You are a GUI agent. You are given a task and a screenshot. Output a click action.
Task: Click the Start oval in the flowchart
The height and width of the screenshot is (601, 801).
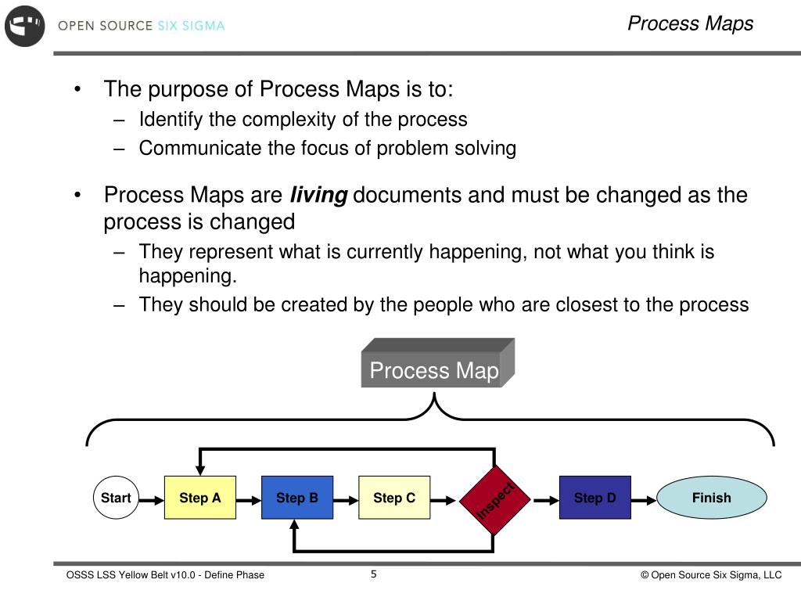coord(116,498)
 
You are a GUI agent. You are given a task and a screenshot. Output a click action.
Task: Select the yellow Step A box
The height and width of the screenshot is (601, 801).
coord(200,498)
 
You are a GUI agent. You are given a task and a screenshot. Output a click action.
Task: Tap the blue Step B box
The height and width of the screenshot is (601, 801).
coord(296,498)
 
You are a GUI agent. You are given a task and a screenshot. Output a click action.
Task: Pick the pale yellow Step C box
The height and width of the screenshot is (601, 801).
coord(394,498)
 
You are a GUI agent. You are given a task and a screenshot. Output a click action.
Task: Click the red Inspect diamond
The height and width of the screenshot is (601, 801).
coord(494,498)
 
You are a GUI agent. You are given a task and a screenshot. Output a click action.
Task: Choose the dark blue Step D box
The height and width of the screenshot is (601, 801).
coord(594,498)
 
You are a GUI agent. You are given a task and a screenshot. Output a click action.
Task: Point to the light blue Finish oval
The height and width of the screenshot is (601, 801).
coord(711,498)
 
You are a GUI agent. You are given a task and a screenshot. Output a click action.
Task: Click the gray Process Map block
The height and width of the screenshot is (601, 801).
coord(435,369)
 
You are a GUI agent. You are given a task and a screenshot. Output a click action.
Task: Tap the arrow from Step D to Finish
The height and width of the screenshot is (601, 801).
coord(644,498)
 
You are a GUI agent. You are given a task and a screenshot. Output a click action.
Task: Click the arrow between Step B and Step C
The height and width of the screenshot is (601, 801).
coord(346,498)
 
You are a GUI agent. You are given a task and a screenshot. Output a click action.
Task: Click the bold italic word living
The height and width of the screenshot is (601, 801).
coord(319,195)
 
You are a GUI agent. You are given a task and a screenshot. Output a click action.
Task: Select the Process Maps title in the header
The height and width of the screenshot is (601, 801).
coord(690,23)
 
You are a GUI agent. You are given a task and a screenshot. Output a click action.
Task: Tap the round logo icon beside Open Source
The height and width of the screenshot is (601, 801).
coord(25,25)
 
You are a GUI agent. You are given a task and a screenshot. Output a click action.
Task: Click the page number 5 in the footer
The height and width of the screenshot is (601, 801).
coord(374,574)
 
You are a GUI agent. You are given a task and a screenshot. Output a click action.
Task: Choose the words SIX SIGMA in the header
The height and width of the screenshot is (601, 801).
coord(191,25)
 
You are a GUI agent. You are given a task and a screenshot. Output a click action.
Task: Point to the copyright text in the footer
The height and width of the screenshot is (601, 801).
coord(711,575)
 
